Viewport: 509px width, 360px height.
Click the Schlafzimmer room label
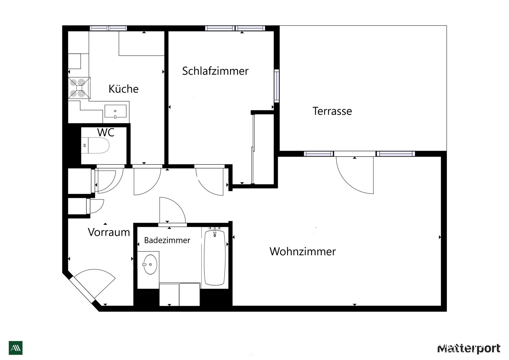point(215,71)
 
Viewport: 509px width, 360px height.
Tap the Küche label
point(123,89)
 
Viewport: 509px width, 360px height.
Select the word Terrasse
point(332,111)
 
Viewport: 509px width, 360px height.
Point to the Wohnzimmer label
point(303,251)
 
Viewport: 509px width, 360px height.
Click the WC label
point(106,132)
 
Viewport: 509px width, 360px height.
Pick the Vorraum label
point(109,232)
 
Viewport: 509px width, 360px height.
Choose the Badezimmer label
point(167,240)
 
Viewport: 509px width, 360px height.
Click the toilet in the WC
point(95,145)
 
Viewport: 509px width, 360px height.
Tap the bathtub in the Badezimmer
point(215,258)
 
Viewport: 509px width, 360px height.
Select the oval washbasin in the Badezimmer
point(150,264)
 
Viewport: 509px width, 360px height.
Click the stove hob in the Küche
point(79,88)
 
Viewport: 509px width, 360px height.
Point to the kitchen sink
point(115,111)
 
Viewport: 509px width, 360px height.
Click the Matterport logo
point(469,348)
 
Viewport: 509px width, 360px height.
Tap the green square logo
point(16,348)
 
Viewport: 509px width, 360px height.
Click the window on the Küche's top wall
point(108,28)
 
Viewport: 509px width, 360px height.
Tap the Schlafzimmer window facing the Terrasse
point(277,86)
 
